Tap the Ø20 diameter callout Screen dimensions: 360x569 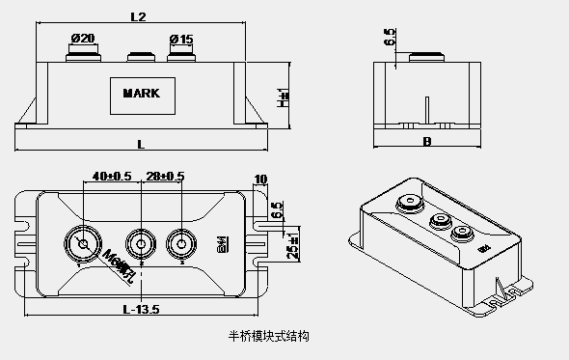pos(83,38)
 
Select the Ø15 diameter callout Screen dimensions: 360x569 pos(180,38)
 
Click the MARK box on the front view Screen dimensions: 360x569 pos(149,94)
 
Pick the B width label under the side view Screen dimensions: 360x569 pos(426,141)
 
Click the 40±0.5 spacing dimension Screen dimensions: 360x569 pos(111,176)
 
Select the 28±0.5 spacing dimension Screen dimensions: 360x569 pos(165,176)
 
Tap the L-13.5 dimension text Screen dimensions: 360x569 pos(141,309)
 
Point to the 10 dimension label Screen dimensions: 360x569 pos(259,179)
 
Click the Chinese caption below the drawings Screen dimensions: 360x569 pos(266,337)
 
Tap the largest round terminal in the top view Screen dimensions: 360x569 pos(83,244)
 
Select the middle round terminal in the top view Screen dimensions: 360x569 pos(142,243)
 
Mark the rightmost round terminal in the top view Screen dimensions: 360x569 pos(180,243)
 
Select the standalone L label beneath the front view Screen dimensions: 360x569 pos(141,144)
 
